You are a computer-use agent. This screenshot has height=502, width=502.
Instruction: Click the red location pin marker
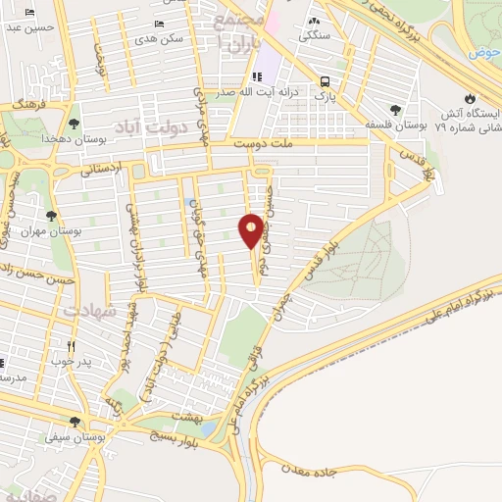tap(252, 231)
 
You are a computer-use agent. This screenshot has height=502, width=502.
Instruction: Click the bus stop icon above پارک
tap(325, 81)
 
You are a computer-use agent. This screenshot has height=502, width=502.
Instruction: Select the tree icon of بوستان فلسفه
tap(395, 110)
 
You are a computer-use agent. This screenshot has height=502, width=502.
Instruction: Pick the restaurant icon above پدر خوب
tap(71, 347)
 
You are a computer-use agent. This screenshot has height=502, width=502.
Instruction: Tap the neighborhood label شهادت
tap(90, 311)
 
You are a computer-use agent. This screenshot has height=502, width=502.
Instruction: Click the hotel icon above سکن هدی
tap(160, 24)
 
